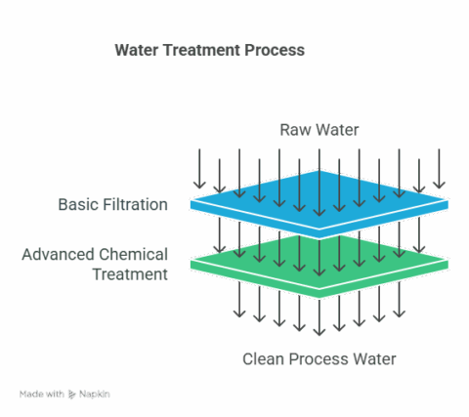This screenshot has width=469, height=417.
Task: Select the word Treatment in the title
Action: coord(200,50)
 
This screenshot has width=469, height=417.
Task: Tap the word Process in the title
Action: coord(275,50)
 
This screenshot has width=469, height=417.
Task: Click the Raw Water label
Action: coord(320,130)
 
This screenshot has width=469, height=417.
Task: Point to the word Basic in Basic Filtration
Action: coord(78,205)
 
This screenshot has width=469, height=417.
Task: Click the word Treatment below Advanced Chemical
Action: coord(130,273)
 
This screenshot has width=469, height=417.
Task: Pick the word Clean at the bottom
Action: coord(265,359)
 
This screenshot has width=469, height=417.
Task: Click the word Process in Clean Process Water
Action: coord(322,359)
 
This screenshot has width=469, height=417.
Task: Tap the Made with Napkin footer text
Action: coord(64,394)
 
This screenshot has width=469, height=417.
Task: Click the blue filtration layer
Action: coord(320,200)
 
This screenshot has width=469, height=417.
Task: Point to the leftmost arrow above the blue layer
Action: coord(199,168)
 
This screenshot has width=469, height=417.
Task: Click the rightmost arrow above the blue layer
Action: coord(440,168)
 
